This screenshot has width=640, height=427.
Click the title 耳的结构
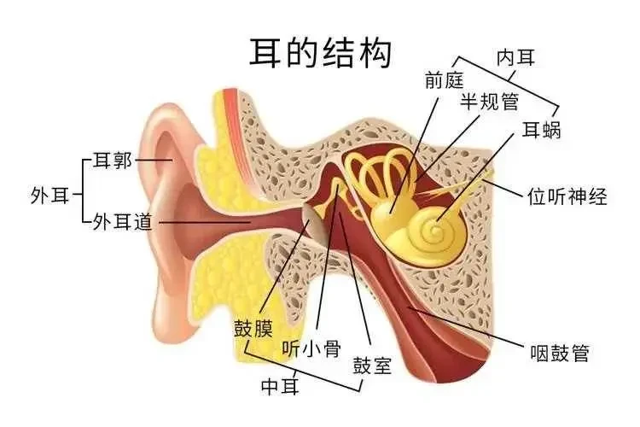click(320, 53)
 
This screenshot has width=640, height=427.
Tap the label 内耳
click(515, 57)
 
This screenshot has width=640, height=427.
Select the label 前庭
click(444, 79)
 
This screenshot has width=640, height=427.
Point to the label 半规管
click(490, 101)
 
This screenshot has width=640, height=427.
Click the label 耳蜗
click(542, 130)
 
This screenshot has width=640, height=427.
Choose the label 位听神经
click(567, 196)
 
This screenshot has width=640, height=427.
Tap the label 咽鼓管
click(560, 353)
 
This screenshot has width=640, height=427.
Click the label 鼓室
click(372, 365)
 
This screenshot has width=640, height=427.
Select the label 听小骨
click(311, 349)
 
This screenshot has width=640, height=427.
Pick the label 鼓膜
click(253, 328)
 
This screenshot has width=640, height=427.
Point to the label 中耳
click(280, 386)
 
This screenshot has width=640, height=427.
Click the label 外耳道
click(122, 222)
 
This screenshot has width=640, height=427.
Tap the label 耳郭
click(113, 161)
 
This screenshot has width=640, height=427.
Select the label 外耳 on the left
click(49, 196)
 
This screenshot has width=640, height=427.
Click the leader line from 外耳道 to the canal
click(205, 222)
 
